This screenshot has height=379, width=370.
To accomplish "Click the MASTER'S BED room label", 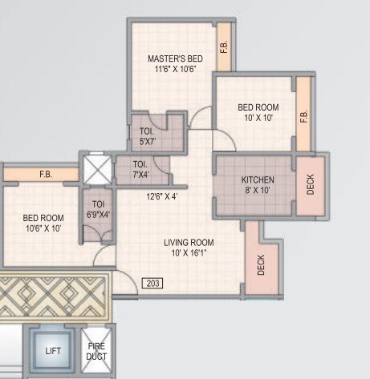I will click(x=175, y=58).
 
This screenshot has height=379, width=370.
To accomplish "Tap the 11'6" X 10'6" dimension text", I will click(x=175, y=70).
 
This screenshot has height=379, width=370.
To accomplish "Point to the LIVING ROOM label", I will click(x=189, y=242).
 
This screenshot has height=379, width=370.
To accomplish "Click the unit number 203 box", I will click(x=152, y=283).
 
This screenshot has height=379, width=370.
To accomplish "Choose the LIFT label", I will click(x=53, y=351).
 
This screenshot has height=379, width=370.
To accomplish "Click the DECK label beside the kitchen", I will click(x=311, y=185).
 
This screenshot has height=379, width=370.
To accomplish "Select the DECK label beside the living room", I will click(x=262, y=265).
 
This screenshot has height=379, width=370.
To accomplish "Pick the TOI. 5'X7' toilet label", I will click(x=148, y=136).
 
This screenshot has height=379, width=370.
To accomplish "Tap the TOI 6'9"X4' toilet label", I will click(x=98, y=209).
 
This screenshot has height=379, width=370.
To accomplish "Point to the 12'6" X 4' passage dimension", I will click(x=163, y=196).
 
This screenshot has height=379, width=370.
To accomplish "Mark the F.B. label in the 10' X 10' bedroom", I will click(x=304, y=116).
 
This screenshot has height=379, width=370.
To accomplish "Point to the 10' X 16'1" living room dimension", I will click(x=189, y=253).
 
